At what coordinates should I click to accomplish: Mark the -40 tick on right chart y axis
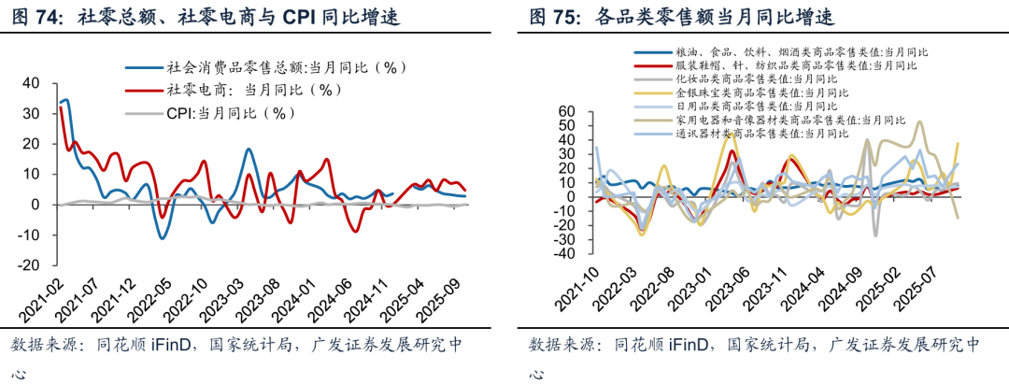tap(565, 254)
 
